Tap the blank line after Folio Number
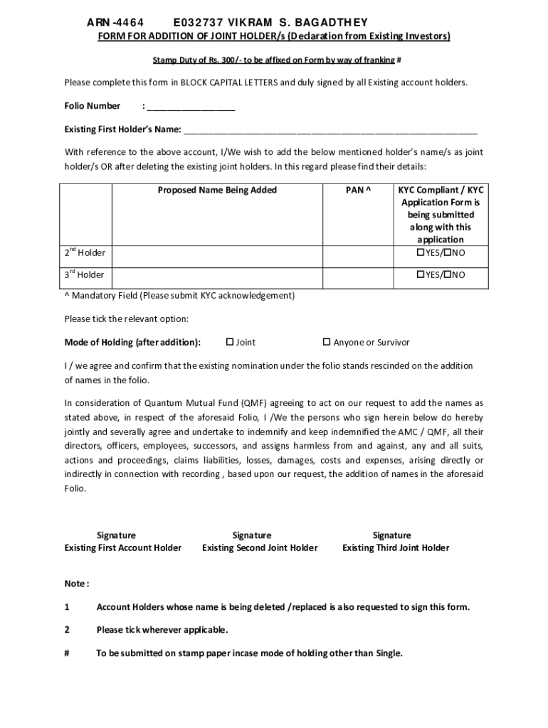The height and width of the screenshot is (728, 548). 191,107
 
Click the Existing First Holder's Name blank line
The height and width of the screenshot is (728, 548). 331,130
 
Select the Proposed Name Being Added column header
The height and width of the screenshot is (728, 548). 217,190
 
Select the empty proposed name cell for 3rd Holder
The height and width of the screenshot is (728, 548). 217,276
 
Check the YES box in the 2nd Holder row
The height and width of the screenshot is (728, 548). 420,253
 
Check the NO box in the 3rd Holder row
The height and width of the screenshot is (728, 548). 446,274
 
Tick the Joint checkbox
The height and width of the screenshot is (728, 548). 230,342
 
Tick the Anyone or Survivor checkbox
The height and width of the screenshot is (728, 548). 327,342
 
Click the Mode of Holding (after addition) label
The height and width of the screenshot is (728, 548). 132,342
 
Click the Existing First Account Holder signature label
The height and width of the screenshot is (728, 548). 122,547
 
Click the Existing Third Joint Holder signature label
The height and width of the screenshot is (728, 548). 396,547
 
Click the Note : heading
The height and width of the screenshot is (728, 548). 77,584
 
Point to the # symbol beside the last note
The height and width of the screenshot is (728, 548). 67,653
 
